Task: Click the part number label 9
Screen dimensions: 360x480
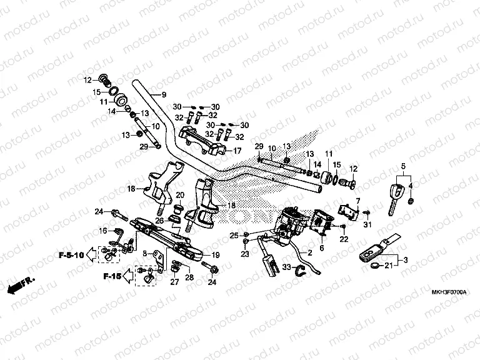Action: [164, 95]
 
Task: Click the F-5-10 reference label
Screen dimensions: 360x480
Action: [71, 255]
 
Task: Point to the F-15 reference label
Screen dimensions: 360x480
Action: [113, 275]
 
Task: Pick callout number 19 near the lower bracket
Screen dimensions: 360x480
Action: [216, 255]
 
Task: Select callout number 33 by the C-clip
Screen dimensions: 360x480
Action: [286, 267]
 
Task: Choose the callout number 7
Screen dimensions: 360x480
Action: [358, 201]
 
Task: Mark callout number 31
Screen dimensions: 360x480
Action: [367, 224]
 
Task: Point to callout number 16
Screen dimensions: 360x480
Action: [102, 231]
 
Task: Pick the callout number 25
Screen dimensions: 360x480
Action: [233, 235]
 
